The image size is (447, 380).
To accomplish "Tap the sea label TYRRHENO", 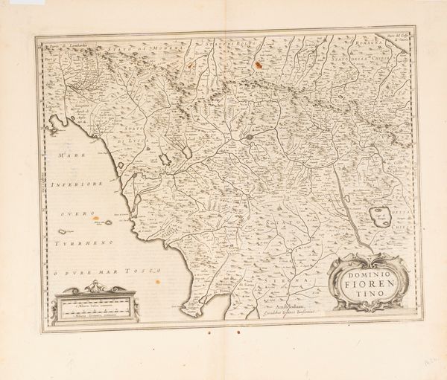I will pos(77,243).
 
